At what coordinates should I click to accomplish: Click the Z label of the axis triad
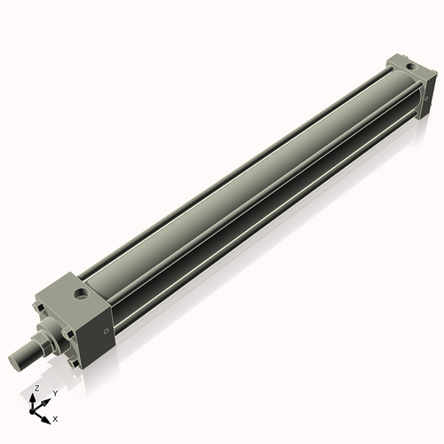(x=36, y=389)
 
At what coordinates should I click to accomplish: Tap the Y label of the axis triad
(x=55, y=392)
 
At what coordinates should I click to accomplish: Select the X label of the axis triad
(x=56, y=417)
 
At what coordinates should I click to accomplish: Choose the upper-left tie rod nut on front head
(x=38, y=308)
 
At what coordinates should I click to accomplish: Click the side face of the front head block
(x=99, y=333)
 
